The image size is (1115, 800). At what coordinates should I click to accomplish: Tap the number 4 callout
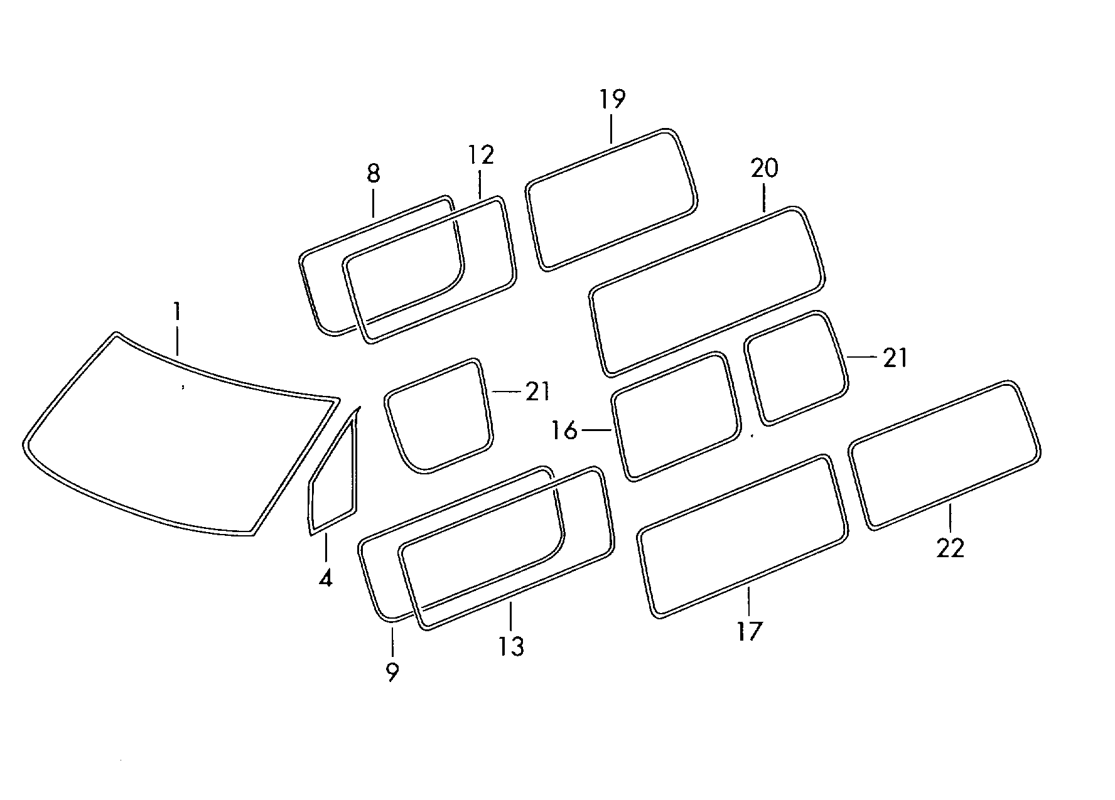(x=325, y=577)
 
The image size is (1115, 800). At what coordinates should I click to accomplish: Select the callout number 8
(x=373, y=173)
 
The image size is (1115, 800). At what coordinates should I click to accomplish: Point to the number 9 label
(x=392, y=673)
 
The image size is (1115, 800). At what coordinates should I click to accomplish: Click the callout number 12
(x=481, y=155)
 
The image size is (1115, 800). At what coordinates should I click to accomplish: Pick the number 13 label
(x=512, y=646)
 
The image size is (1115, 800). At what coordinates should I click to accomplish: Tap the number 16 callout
(x=564, y=431)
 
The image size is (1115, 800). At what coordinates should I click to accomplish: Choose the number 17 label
(x=749, y=631)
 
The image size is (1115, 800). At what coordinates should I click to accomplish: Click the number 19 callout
(x=612, y=99)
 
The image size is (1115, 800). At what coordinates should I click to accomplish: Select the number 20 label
(x=764, y=168)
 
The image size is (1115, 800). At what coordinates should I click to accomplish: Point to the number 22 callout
(x=950, y=548)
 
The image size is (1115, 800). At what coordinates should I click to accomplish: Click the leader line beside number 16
(x=597, y=430)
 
